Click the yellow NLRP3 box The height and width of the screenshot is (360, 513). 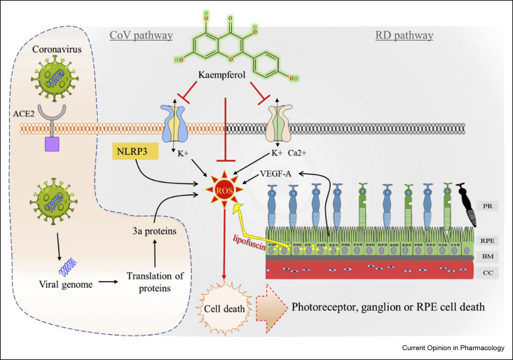coord(135,151)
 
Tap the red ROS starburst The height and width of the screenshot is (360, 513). coord(224,190)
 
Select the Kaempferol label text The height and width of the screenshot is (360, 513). coord(222,75)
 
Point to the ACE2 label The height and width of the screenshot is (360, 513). coord(24,113)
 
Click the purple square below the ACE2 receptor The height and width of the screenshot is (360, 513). coord(52,144)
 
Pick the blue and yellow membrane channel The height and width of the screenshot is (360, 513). coord(174,123)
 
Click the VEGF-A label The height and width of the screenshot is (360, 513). coord(275,174)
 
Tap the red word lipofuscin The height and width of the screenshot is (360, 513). coord(249,242)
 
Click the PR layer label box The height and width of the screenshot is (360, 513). coord(488,206)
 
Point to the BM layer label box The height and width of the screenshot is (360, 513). coord(488,256)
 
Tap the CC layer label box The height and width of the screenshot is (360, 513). coord(488,272)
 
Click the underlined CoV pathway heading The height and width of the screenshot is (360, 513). coord(141,35)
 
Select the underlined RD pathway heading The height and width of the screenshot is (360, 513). coord(404,35)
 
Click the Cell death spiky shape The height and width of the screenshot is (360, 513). coord(224,308)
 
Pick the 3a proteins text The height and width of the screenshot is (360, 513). coord(154,231)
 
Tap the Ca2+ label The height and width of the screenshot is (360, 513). coord(297,153)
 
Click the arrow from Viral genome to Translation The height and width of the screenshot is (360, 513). coord(109,282)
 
